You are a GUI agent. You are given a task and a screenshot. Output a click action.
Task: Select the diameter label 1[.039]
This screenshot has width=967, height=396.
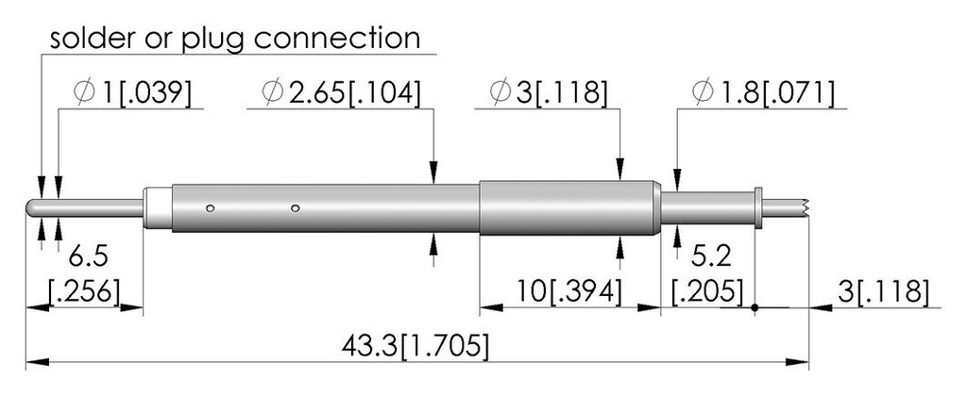146,92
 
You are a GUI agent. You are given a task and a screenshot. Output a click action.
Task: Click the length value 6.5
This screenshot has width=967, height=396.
88,256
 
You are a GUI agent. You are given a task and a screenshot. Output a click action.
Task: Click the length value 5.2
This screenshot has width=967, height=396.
711,256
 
